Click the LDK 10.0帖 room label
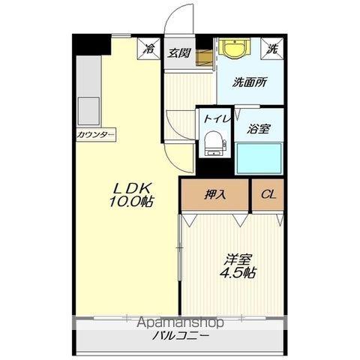131,195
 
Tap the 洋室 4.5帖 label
238,266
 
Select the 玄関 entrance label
179,53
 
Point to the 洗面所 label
250,82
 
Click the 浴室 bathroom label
259,129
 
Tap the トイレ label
216,118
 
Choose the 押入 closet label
215,194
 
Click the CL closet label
268,194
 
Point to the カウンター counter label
96,135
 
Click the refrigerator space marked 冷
148,49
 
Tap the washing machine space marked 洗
272,49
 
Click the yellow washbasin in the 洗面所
234,49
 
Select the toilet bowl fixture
214,144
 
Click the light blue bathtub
259,158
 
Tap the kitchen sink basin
88,111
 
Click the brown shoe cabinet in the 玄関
205,58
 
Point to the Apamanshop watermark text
180,322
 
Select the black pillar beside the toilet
214,167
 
